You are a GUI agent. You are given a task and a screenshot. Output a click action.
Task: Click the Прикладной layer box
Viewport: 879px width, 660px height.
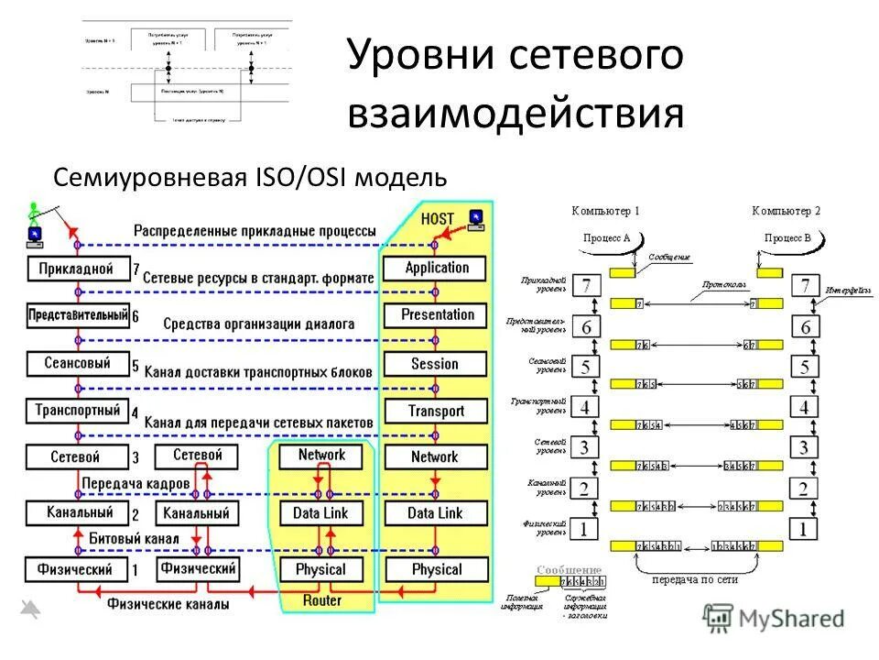click(77, 269)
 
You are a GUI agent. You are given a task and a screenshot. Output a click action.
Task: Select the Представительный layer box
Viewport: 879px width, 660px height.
click(77, 315)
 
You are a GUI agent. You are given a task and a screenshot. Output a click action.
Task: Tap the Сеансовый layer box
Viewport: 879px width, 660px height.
click(77, 363)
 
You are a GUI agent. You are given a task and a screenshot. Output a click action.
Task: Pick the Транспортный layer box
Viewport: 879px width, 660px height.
click(77, 411)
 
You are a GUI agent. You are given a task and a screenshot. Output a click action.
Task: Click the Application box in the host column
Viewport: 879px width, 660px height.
click(436, 269)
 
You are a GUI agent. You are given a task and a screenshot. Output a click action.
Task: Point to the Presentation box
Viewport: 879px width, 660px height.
click(436, 315)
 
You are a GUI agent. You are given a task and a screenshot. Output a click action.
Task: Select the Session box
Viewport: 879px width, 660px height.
click(436, 364)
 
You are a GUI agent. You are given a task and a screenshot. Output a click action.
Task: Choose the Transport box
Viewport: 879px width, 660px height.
click(436, 412)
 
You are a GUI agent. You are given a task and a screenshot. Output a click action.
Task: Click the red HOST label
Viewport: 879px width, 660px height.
click(438, 220)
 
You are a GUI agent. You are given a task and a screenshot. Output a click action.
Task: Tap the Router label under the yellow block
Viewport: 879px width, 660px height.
click(321, 600)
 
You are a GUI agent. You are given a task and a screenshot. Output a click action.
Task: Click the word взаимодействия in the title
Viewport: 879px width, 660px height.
click(515, 114)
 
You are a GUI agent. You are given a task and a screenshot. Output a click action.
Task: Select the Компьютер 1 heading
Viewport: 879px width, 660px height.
click(605, 211)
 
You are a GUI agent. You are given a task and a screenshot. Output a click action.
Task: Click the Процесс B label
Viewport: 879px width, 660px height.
click(787, 237)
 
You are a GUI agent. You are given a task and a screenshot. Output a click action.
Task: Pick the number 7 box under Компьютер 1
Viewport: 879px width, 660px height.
click(585, 286)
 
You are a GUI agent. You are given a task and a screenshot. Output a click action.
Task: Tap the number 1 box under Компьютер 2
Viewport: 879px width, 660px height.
click(804, 529)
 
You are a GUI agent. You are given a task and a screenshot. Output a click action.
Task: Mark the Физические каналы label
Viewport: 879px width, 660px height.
click(168, 605)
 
